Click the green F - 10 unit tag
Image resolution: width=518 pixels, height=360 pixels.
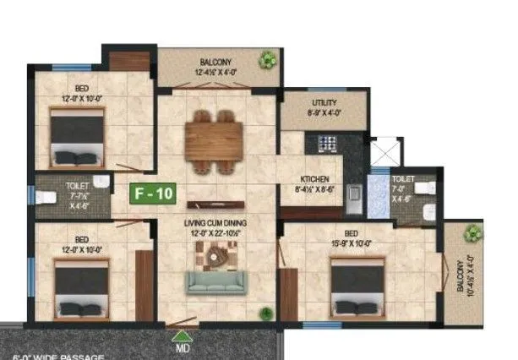coord(154,194)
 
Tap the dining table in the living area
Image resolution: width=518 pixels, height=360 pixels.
coord(215,134)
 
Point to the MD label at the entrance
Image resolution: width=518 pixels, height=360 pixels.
coord(181,346)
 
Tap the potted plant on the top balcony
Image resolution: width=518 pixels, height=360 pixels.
coord(268,60)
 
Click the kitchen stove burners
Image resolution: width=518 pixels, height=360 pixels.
coord(325,145)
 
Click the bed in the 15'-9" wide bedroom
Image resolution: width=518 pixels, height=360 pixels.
coord(360,287)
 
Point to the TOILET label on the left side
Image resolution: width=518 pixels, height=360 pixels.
coord(76,183)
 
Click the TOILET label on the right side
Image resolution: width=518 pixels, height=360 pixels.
coord(404,180)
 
